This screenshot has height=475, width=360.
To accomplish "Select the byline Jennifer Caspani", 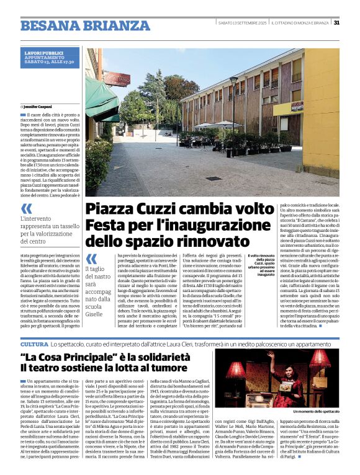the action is pyautogui.click(x=38, y=108).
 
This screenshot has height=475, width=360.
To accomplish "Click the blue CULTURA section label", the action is pyautogui.click(x=34, y=344).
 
